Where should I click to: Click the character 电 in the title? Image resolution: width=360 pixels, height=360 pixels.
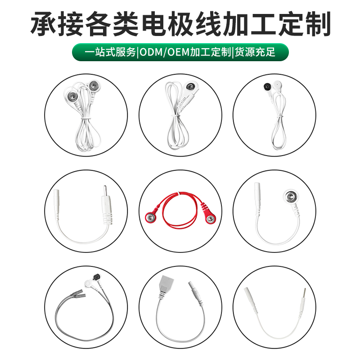(x=154, y=24)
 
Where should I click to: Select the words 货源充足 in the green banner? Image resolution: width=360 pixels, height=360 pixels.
(x=255, y=52)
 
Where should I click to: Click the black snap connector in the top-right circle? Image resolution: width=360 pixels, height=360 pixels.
(x=267, y=86)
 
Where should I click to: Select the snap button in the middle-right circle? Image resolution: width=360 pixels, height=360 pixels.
(x=291, y=197)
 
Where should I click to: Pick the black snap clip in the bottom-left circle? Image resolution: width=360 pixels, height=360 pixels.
(x=96, y=277)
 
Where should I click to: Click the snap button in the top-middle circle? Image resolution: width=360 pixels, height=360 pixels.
(x=190, y=87)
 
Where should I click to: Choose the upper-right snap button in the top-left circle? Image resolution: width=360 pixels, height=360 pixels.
(x=94, y=86)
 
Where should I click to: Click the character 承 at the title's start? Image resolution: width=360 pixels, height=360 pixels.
(x=44, y=24)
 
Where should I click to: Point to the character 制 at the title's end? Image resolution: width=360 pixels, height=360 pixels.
(x=318, y=24)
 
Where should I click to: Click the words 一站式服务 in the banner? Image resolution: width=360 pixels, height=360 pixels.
(x=110, y=52)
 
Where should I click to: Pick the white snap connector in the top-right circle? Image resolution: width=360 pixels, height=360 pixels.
(x=277, y=85)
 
